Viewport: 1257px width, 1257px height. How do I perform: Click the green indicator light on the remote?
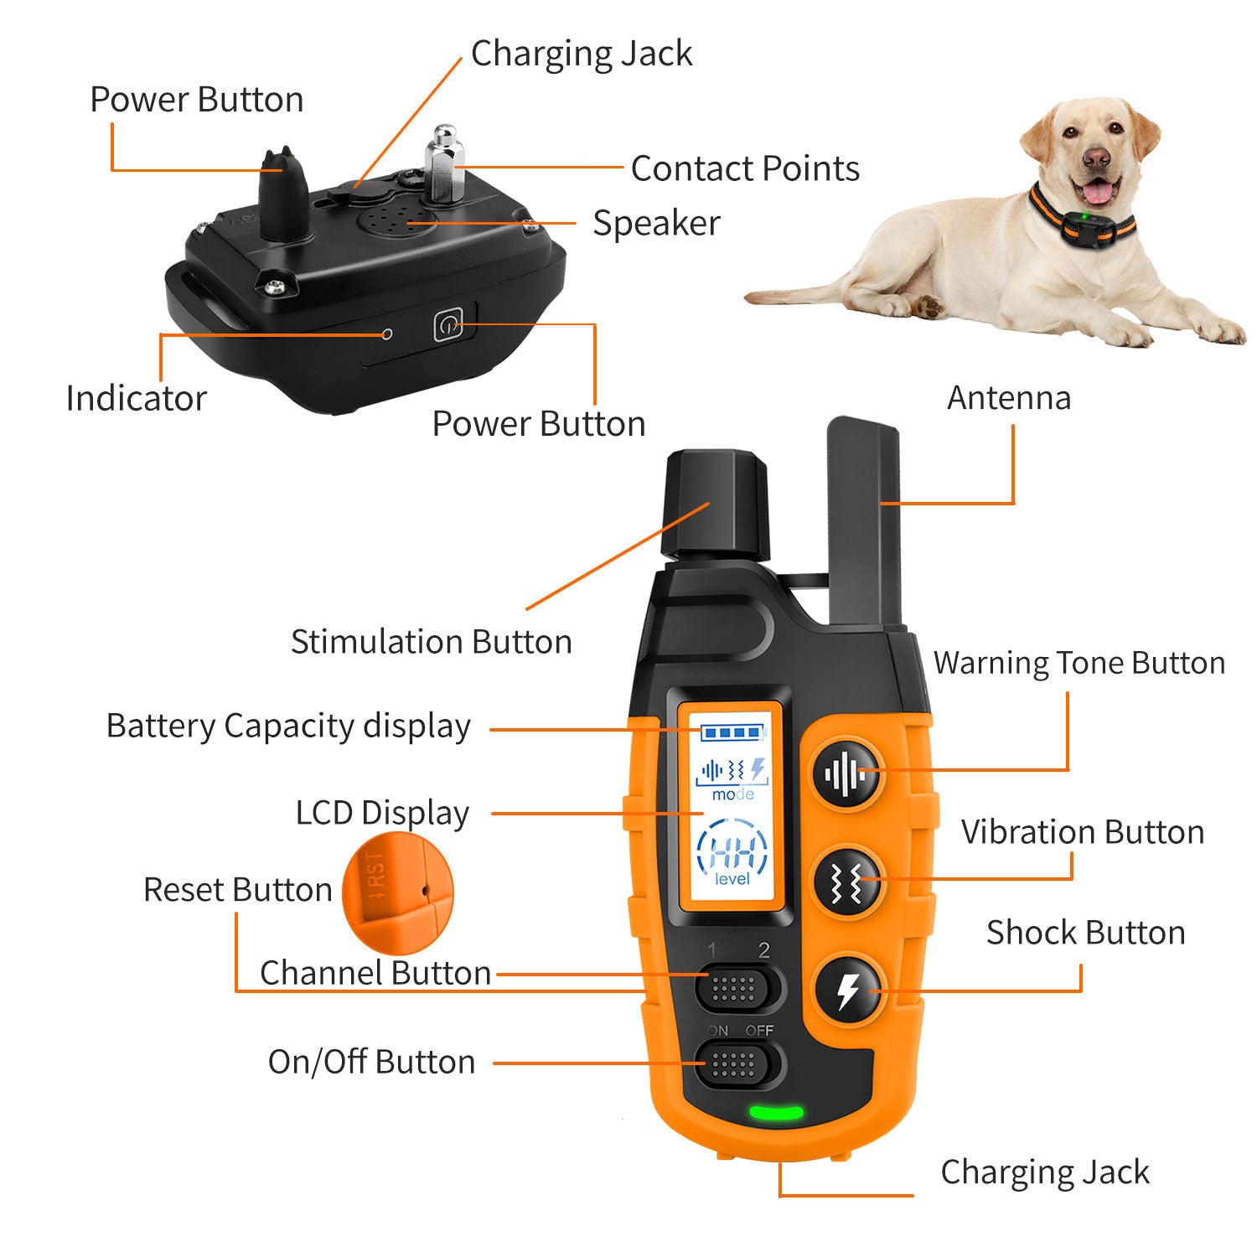(x=776, y=1113)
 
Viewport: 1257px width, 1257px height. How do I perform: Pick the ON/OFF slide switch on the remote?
(x=734, y=1063)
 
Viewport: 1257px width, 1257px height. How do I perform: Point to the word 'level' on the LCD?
(x=732, y=879)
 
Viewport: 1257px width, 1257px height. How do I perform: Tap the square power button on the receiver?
(x=448, y=326)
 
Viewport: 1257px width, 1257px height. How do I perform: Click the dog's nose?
(x=1094, y=158)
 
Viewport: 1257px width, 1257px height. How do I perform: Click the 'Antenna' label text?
(x=1008, y=398)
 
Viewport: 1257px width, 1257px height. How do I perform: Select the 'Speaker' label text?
(x=656, y=223)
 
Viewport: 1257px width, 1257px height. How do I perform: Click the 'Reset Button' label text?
(x=237, y=890)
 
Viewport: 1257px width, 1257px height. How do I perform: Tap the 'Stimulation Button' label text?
(x=431, y=642)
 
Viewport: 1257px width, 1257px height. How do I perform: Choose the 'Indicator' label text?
(x=136, y=399)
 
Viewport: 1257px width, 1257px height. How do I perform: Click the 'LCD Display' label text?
(x=382, y=813)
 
